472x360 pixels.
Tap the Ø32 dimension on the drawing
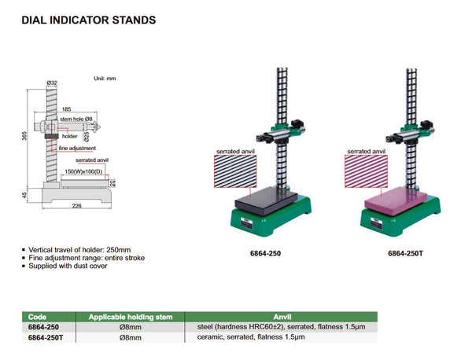53,82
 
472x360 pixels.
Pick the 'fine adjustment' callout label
77,148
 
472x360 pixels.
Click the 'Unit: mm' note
105,79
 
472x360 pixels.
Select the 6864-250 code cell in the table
43,326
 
